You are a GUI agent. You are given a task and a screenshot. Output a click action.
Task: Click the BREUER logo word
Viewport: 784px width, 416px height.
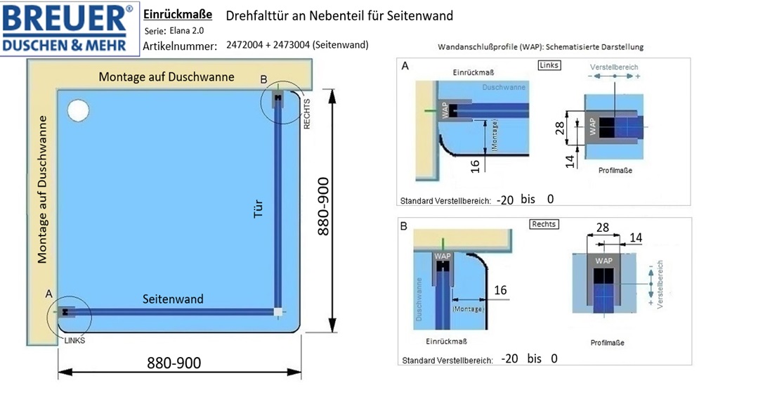(65, 19)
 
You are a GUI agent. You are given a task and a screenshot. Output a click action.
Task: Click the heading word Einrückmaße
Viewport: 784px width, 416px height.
(178, 14)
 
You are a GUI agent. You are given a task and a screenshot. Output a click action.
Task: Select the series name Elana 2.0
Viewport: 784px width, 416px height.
(186, 30)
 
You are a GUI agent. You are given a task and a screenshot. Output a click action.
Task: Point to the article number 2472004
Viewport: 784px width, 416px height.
(244, 45)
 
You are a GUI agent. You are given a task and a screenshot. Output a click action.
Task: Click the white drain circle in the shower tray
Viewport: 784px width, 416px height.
(78, 110)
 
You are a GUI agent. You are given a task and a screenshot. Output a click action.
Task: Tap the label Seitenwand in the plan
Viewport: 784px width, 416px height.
(173, 299)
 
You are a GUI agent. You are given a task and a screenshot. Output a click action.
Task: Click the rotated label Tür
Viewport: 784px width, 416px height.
(258, 209)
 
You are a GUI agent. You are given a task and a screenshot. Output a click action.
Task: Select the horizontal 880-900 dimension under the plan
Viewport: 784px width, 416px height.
(174, 363)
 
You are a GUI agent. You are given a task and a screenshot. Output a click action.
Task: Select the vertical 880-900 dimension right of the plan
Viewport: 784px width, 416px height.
(323, 206)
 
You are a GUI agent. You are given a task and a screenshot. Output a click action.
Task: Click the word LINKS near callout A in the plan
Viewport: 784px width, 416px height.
(74, 341)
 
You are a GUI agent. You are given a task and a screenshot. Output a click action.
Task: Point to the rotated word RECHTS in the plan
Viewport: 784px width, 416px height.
(306, 114)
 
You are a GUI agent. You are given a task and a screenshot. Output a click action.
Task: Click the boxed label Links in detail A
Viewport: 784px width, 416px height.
(549, 65)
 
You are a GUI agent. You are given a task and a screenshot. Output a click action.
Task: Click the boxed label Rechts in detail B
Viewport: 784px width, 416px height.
(544, 224)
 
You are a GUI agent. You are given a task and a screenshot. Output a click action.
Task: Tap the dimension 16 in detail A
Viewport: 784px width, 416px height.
(475, 166)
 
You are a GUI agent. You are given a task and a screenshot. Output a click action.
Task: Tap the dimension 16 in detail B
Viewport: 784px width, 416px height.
(500, 290)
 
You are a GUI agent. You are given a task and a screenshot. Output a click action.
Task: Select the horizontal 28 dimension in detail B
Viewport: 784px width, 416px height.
(603, 228)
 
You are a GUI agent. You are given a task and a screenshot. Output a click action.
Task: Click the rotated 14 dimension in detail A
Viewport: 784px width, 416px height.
(570, 162)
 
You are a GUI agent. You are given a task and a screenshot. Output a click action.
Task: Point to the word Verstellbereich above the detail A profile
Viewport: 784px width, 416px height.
(614, 67)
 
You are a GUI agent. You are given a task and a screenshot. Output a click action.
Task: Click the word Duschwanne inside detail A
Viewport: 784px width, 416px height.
(504, 87)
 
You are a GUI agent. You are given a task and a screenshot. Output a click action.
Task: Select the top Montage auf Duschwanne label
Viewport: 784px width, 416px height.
(166, 77)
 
